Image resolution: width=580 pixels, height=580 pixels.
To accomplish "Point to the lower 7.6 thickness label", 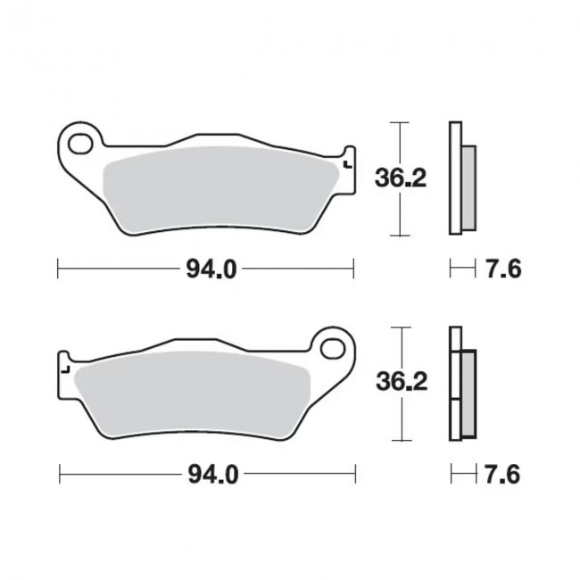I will (x=502, y=474).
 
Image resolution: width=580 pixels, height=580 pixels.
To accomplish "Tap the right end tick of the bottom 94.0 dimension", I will (x=356, y=473).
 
